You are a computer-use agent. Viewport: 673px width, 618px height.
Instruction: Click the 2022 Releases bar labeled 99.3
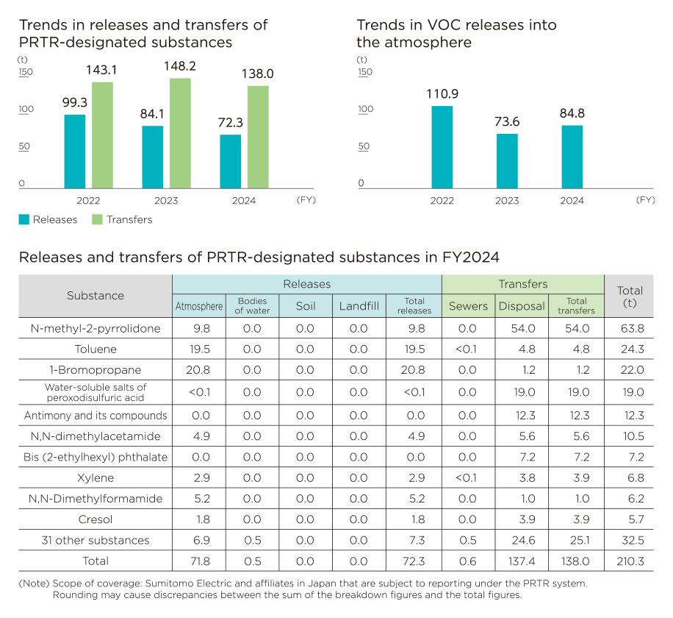click(75, 152)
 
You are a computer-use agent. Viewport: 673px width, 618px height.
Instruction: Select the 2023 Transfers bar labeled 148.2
click(180, 133)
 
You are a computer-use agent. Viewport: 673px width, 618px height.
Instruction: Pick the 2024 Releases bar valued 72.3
click(231, 161)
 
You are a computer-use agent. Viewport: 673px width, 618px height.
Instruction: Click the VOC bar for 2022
click(442, 147)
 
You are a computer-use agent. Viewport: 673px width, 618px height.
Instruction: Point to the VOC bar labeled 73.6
click(507, 160)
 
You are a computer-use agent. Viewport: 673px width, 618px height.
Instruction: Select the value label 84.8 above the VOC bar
click(572, 114)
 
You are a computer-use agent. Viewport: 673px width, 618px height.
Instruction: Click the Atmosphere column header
click(198, 306)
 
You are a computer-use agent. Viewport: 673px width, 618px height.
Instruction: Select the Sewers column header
click(467, 306)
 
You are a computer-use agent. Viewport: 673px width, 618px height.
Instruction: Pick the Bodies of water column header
click(251, 306)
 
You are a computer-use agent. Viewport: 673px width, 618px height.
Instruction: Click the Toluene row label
click(96, 349)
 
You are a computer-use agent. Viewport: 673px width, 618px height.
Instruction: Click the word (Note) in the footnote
click(34, 583)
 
